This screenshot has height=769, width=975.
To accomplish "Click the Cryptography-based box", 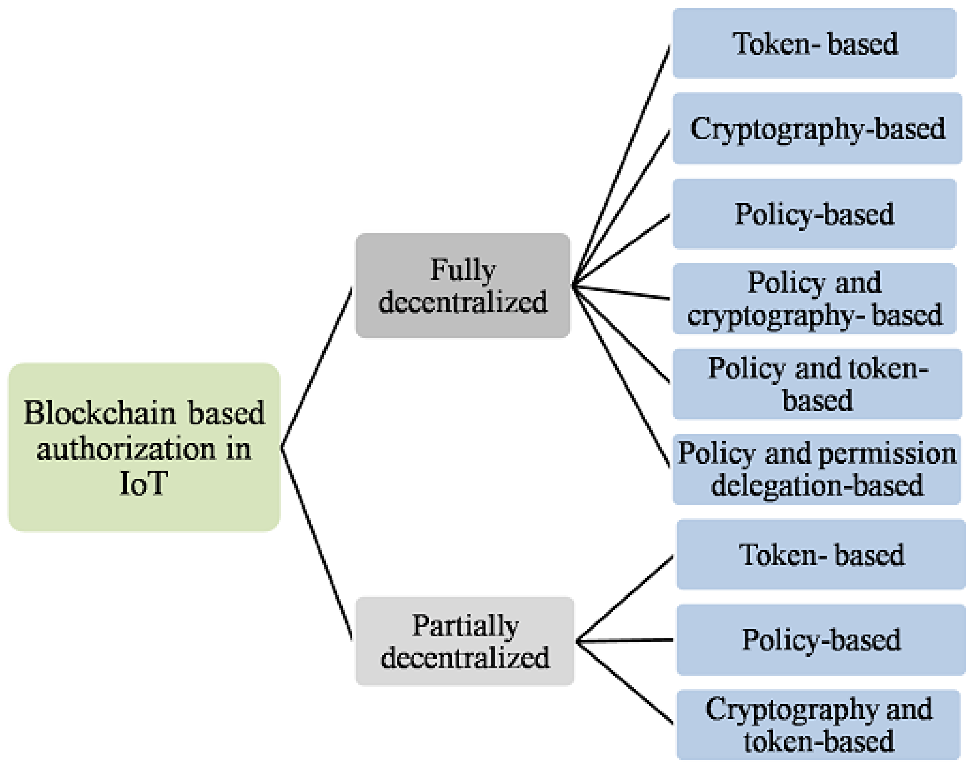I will pyautogui.click(x=817, y=128).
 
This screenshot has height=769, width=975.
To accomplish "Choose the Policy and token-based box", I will pyautogui.click(x=817, y=384).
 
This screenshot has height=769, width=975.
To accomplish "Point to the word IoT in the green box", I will pyautogui.click(x=144, y=484).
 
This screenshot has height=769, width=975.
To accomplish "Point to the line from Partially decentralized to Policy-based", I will pyautogui.click(x=624, y=640).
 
